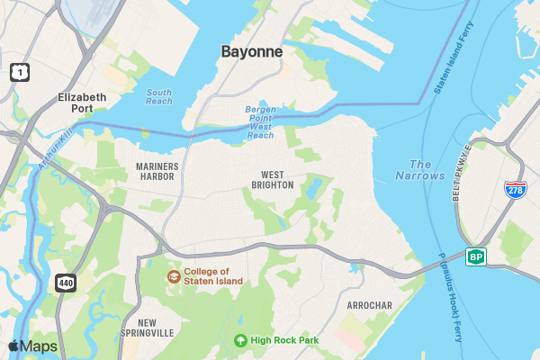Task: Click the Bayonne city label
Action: click(252, 52)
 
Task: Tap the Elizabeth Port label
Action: click(82, 103)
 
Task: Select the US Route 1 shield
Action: click(19, 71)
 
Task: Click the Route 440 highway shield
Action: click(66, 283)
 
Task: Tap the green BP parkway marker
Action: click(475, 257)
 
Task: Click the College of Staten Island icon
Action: click(173, 275)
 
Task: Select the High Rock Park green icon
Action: click(240, 340)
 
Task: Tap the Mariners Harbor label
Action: click(157, 172)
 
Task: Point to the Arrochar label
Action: click(369, 306)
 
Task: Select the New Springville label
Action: click(147, 328)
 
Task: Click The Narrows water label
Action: click(427, 170)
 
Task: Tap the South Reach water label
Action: click(159, 96)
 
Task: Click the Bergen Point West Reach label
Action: click(260, 122)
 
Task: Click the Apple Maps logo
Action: click(32, 346)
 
